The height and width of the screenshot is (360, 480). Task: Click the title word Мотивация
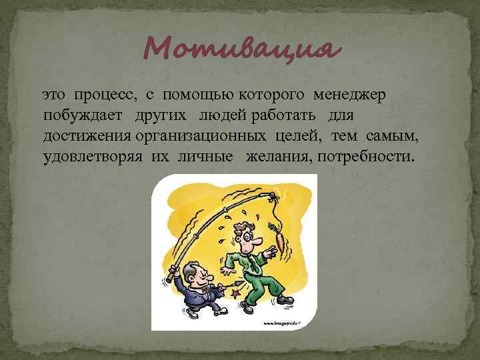[x=240, y=48]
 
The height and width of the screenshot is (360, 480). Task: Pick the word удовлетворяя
[x=90, y=157]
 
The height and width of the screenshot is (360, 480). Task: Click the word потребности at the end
[x=365, y=157]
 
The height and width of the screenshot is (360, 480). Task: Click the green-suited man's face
[x=249, y=236]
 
